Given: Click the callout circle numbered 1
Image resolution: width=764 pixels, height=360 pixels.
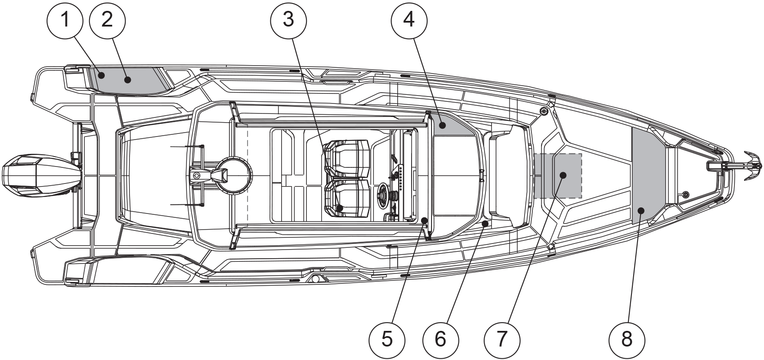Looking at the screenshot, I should click(x=65, y=20).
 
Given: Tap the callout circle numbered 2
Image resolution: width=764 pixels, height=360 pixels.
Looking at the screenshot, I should click(x=107, y=20).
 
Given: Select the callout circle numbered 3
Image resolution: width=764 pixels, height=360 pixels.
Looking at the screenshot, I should click(x=288, y=20).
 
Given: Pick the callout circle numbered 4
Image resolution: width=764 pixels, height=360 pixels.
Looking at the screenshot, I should click(x=409, y=20).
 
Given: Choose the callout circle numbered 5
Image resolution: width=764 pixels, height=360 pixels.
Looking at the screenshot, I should click(x=387, y=339).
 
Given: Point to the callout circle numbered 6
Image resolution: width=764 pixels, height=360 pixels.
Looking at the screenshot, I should click(x=440, y=339).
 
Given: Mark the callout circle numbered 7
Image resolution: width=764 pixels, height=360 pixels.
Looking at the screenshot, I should click(x=502, y=339).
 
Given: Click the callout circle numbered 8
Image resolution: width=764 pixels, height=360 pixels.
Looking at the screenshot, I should click(x=627, y=339).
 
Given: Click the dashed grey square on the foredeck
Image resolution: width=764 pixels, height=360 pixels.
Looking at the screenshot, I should click(x=558, y=176).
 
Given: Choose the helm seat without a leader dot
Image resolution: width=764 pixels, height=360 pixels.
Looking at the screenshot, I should click(x=347, y=159).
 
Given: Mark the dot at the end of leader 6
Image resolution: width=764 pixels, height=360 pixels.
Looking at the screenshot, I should click(x=485, y=223).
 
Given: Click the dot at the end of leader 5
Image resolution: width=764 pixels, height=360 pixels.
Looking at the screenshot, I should click(x=424, y=221).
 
